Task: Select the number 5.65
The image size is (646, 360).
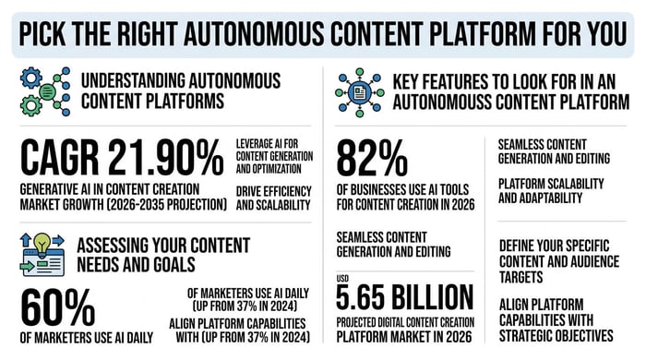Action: pos(361,297)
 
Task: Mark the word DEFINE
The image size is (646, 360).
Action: pos(522,246)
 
